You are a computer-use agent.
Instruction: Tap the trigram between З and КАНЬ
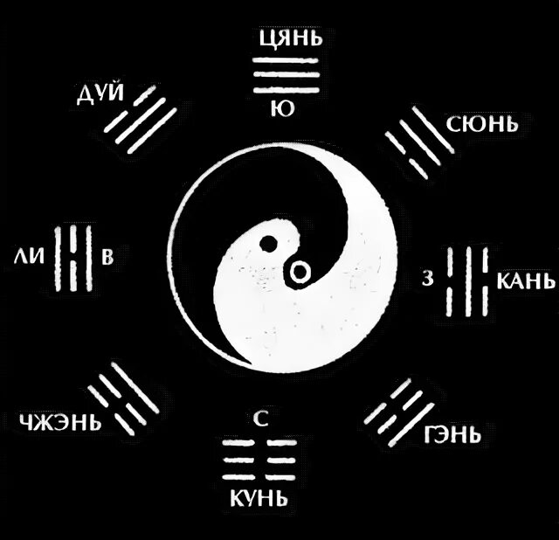point(464,280)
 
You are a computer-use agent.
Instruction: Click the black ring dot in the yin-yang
point(299,273)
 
